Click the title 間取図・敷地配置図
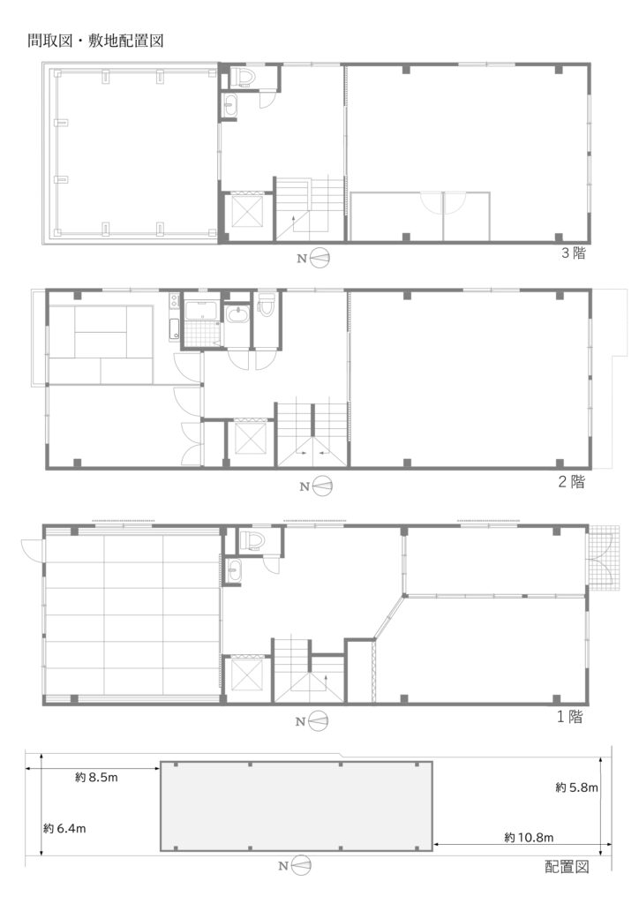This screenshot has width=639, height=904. pos(95,41)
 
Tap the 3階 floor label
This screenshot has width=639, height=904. pos(574,253)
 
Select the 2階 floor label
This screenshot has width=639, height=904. pos(571,481)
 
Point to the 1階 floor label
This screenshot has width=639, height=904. pos(570,717)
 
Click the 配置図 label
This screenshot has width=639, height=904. pos(567,867)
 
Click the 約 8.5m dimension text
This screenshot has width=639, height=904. pos(96,777)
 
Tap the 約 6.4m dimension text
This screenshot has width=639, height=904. pos(64,828)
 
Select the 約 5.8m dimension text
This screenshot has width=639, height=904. pos(576,787)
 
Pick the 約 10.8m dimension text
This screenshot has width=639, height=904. pos(529,838)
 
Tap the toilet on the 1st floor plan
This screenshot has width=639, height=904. pos(252,541)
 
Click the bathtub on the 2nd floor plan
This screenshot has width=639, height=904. pos(200,311)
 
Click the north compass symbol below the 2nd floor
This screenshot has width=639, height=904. pos(323,486)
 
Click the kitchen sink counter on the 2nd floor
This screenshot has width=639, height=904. pos(174,317)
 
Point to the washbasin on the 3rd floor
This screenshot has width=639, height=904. pos(230,106)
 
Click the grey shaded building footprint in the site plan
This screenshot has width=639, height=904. pos(297,806)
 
